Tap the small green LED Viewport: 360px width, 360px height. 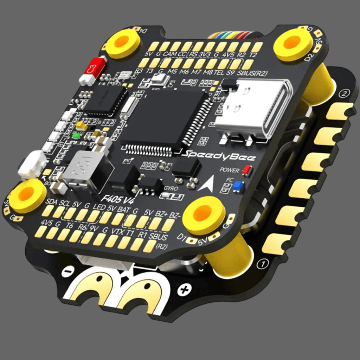click(75, 136)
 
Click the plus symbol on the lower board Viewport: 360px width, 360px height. click(183, 290)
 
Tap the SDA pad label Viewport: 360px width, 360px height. click(52, 202)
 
